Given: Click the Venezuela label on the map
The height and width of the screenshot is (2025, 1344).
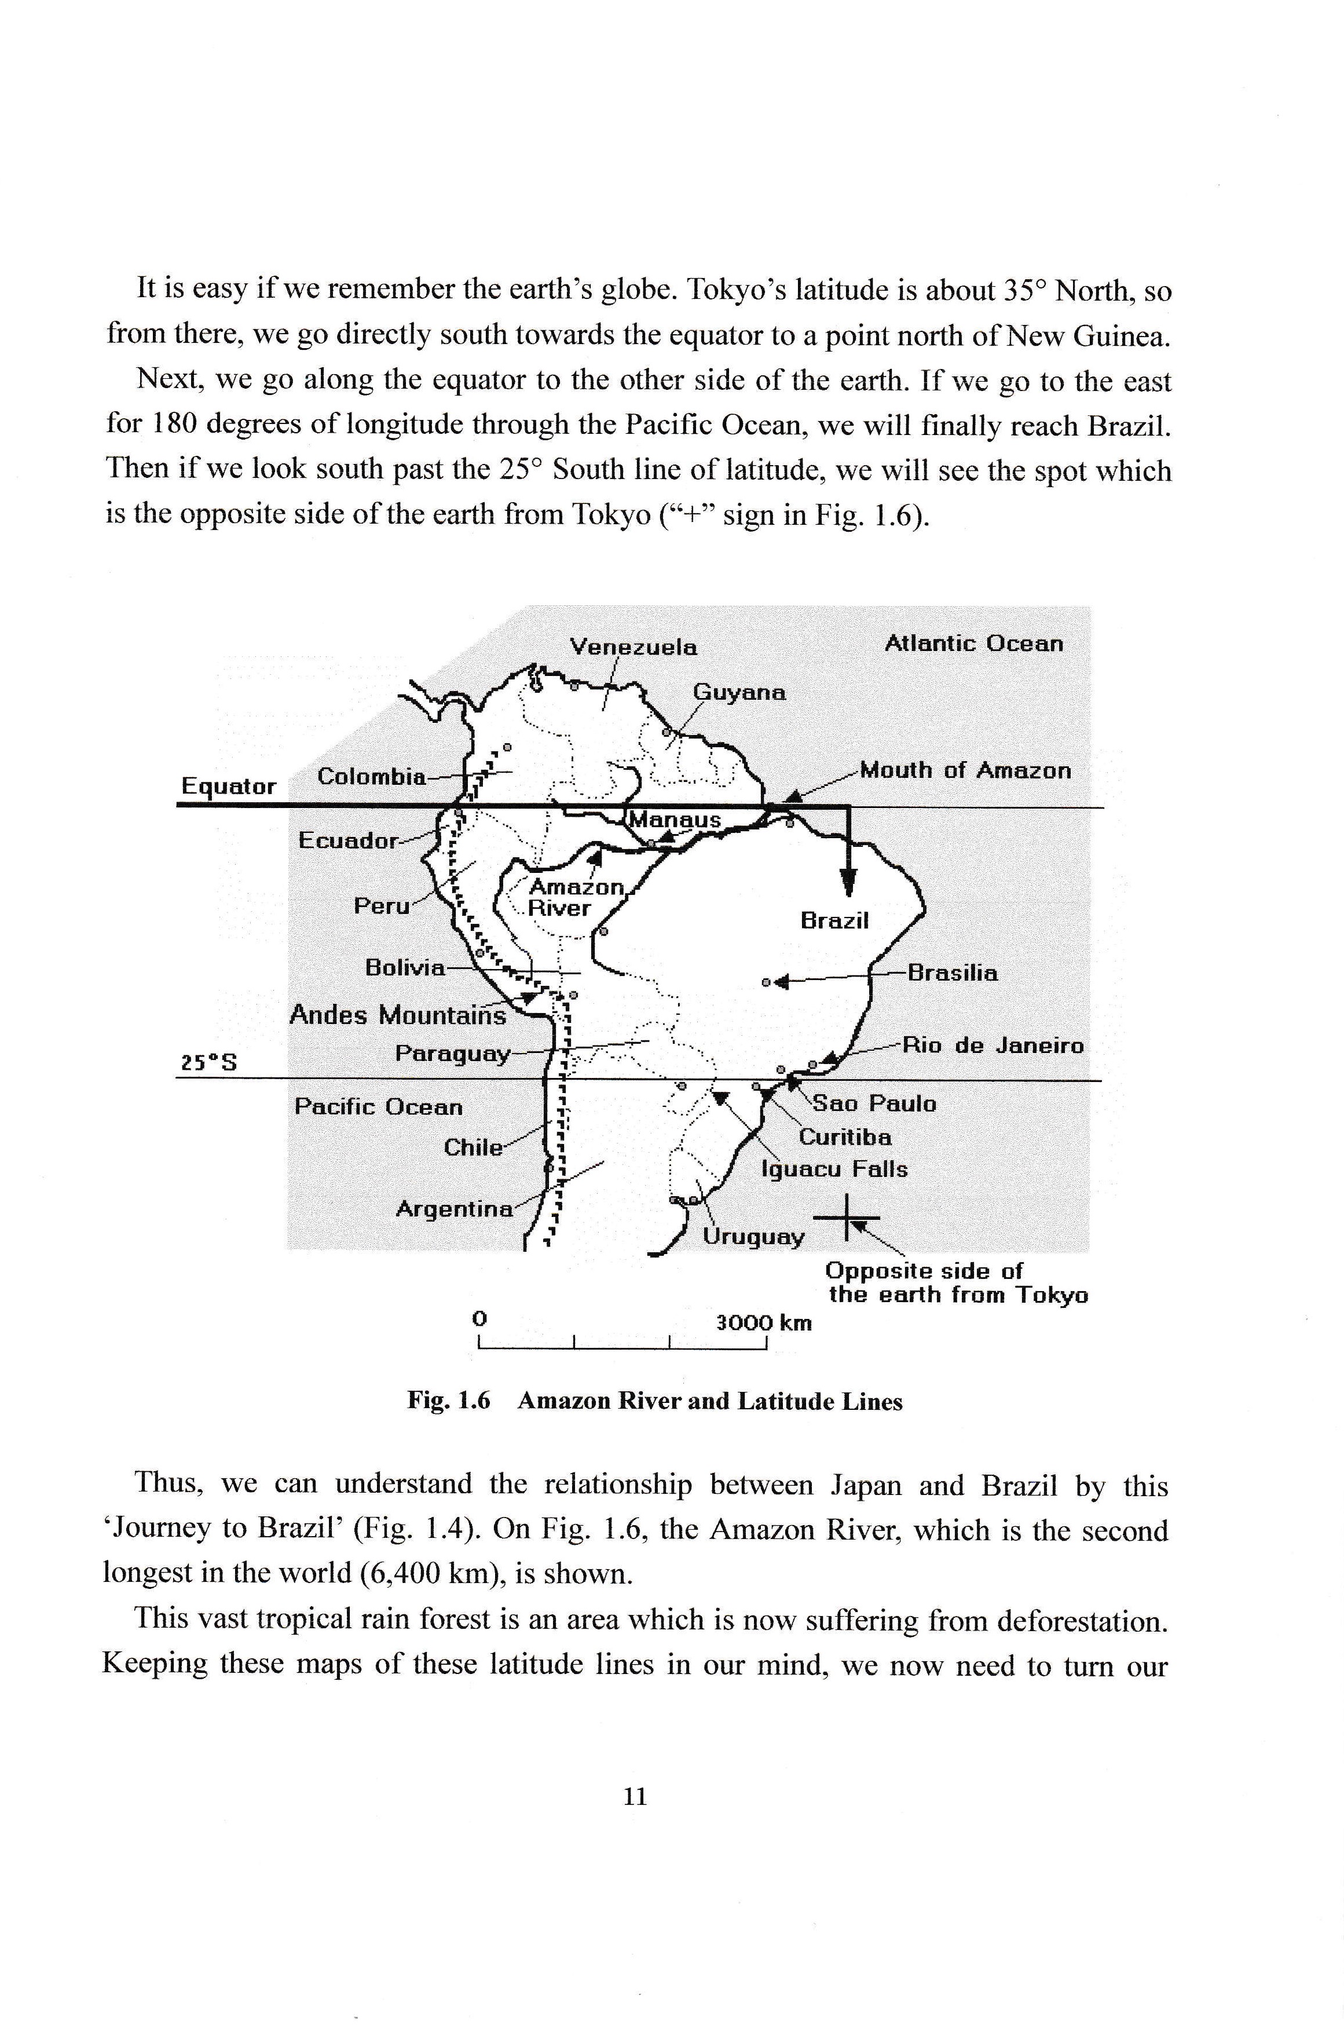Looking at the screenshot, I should click(633, 647).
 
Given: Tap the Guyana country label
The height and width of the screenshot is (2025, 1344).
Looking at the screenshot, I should click(739, 693).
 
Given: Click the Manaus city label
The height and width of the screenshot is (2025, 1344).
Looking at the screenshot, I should click(675, 820).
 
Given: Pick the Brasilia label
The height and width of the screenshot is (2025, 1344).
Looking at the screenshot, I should click(953, 973).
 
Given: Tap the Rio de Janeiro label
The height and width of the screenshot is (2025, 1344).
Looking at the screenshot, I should click(994, 1045).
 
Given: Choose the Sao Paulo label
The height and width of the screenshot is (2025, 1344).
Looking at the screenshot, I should click(874, 1103).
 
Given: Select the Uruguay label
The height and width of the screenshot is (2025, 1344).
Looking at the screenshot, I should click(753, 1236).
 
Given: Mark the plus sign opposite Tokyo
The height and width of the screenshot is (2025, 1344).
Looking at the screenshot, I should click(845, 1218).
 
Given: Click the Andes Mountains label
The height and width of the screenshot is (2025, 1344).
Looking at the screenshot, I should click(398, 1015).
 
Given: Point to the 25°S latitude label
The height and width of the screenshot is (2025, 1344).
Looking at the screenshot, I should click(208, 1063).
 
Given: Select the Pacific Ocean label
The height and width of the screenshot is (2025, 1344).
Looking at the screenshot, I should click(378, 1107).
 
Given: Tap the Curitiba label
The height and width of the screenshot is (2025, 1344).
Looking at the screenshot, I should click(845, 1137).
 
